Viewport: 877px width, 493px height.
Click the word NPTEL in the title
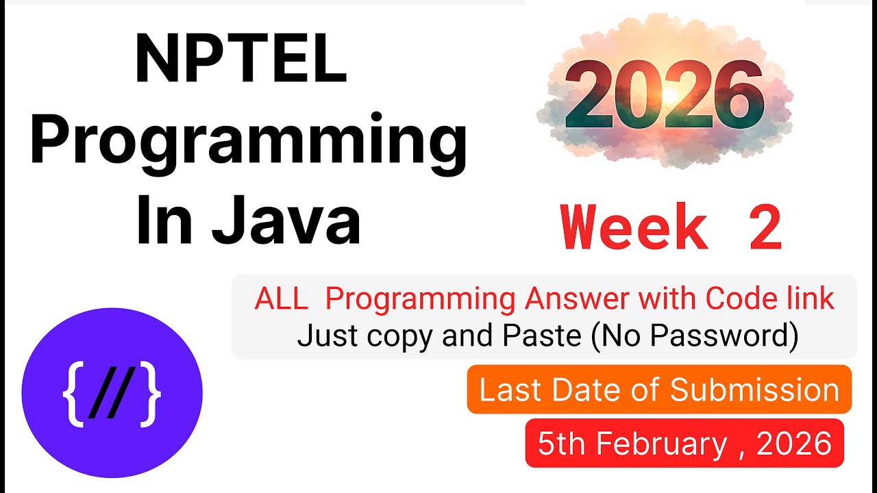[x=241, y=60]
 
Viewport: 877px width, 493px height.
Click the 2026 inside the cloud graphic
[x=663, y=97]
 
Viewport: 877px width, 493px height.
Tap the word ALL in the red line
[x=281, y=299]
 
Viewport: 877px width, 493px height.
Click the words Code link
[x=770, y=299]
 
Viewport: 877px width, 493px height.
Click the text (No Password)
[x=692, y=336]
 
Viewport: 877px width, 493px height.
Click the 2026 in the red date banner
[x=794, y=444]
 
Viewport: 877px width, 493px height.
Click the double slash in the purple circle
[x=112, y=396]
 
